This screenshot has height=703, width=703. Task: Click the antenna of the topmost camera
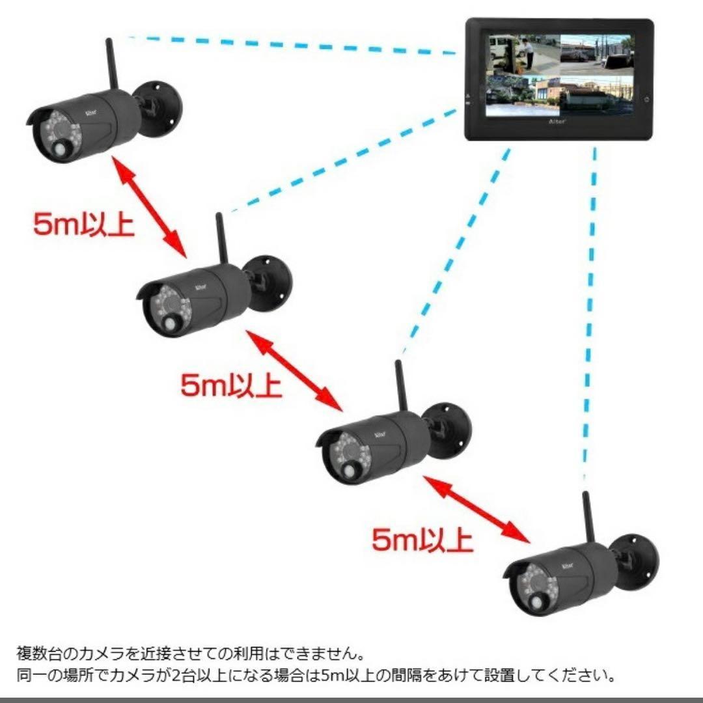[112, 67]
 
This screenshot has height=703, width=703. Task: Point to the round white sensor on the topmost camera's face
[62, 149]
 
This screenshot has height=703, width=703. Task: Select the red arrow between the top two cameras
[149, 207]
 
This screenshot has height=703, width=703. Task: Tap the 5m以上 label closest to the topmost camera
[83, 224]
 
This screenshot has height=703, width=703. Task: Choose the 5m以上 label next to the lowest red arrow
[422, 540]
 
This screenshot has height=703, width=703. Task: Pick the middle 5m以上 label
[231, 385]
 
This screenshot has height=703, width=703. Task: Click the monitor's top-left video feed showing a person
[523, 55]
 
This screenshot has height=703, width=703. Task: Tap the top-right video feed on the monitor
[597, 55]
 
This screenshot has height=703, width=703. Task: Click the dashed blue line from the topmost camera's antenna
[292, 46]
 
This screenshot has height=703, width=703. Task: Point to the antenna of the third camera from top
[400, 387]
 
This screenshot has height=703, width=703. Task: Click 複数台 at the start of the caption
[40, 654]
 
